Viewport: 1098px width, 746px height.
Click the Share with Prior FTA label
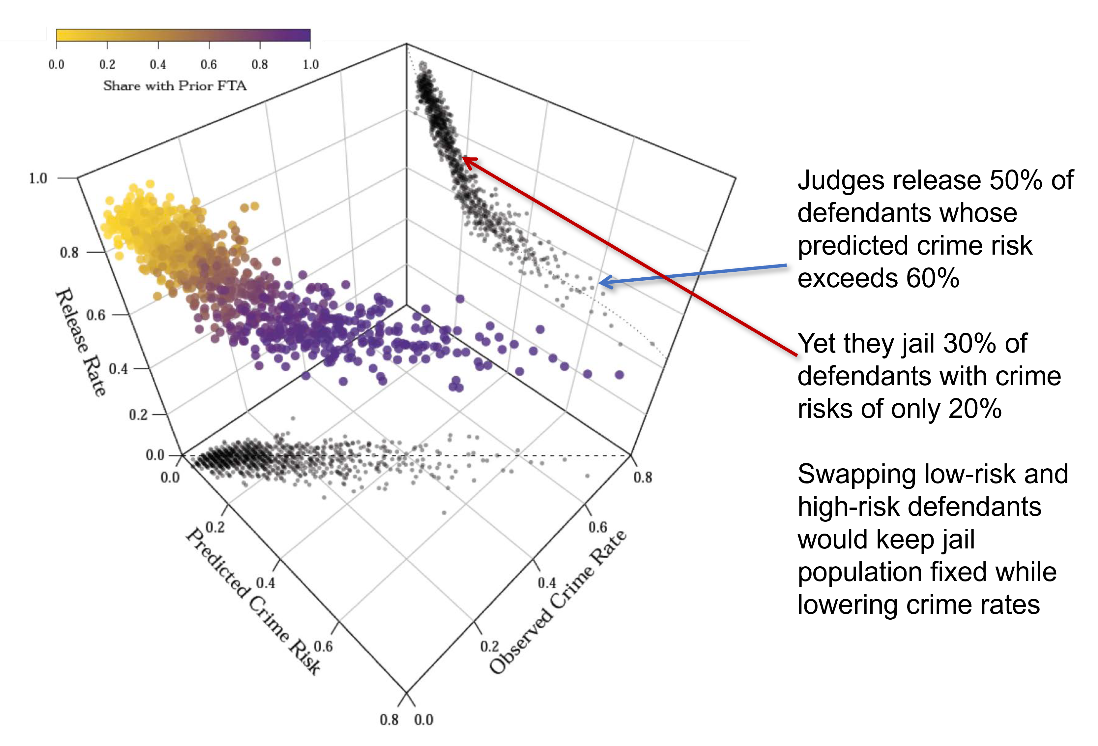pos(175,85)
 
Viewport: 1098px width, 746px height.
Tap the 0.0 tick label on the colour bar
pos(56,64)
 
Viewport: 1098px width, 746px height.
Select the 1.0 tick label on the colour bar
pos(310,64)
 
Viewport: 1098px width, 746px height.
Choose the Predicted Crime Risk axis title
pos(253,601)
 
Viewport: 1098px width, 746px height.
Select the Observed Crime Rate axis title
pos(558,601)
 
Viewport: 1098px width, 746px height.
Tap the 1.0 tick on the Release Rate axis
pos(38,178)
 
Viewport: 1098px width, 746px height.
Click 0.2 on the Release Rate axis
pos(138,415)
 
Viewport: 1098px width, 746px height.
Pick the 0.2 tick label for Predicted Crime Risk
pos(216,527)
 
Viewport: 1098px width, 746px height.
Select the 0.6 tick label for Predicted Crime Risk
pos(323,646)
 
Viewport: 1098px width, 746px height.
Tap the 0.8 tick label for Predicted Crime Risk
pos(389,720)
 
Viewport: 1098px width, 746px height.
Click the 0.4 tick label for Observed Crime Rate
pos(547,583)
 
